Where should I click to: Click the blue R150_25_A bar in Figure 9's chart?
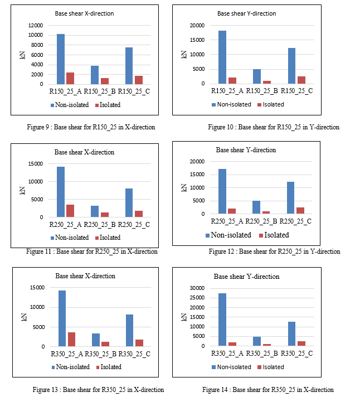61,59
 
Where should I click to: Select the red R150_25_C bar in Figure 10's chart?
301,80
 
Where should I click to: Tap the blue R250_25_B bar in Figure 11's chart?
95,211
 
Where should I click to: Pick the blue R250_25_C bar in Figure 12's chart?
290,198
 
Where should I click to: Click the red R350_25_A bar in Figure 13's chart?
71,339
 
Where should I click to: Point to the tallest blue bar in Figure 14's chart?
222,319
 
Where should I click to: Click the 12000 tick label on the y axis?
36,25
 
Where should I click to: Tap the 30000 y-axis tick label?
197,288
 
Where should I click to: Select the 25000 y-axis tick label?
197,298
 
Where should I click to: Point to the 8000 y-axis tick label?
37,45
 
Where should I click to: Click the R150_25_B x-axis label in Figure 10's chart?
262,91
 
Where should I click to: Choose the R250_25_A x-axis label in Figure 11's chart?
65,225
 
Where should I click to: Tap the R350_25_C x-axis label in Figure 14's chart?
297,353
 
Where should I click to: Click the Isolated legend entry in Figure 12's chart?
274,235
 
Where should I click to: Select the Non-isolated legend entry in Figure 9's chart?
70,105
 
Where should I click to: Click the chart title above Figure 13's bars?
85,275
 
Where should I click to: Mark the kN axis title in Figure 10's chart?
184,55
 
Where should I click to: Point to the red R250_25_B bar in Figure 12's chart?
266,212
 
